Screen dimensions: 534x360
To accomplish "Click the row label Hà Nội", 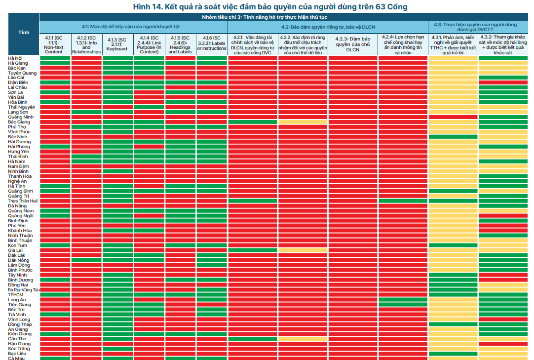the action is pyautogui.click(x=15, y=58).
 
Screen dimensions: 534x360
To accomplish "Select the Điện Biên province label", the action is pyautogui.click(x=18, y=82).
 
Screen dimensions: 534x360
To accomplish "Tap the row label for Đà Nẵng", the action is pyautogui.click(x=17, y=206).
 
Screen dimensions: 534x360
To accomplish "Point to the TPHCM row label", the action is pyautogui.click(x=16, y=295).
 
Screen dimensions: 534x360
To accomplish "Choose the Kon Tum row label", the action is pyautogui.click(x=17, y=245).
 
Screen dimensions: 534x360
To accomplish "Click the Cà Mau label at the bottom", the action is pyautogui.click(x=16, y=358).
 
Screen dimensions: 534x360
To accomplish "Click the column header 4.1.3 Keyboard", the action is pyautogui.click(x=117, y=44).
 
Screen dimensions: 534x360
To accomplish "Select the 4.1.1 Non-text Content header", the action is pyautogui.click(x=54, y=44).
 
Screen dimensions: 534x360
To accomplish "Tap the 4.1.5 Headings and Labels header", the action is pyautogui.click(x=180, y=44).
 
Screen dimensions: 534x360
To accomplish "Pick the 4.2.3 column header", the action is pyautogui.click(x=353, y=44).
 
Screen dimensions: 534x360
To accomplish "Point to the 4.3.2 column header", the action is pyautogui.click(x=503, y=44).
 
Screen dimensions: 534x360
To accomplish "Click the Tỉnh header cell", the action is pyautogui.click(x=24, y=33).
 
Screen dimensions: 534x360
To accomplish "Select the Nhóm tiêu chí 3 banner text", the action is pyautogui.click(x=264, y=17).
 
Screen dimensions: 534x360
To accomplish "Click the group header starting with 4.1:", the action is pyautogui.click(x=130, y=27).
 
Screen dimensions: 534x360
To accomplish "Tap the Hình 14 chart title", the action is pyautogui.click(x=270, y=6).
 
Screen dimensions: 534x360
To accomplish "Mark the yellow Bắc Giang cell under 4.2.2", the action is pyautogui.click(x=303, y=122).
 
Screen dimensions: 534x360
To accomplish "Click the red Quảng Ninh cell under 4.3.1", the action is pyautogui.click(x=453, y=117).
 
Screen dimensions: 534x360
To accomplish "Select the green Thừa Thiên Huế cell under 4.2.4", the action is pyautogui.click(x=403, y=201).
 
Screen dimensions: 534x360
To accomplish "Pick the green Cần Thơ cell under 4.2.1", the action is pyautogui.click(x=252, y=339).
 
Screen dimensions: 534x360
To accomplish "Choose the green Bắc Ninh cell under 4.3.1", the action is pyautogui.click(x=453, y=137).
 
